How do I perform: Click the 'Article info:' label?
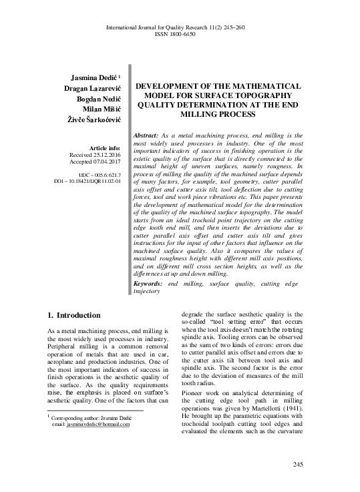tap(105, 147)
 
